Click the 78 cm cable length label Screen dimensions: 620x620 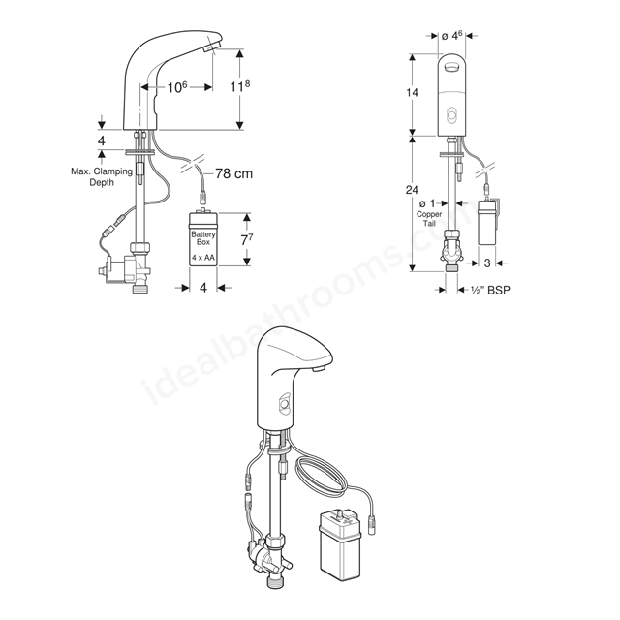click(233, 173)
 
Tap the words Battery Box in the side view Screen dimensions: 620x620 click(203, 238)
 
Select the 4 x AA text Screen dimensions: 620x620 click(203, 258)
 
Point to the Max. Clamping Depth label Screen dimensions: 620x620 click(102, 176)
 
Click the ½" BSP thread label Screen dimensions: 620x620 click(490, 291)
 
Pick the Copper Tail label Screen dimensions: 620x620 click(429, 219)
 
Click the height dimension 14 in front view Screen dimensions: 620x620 click(412, 93)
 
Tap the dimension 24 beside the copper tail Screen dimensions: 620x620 click(412, 190)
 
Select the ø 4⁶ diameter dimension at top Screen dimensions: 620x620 click(452, 36)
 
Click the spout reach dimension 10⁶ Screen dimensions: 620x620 click(177, 87)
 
